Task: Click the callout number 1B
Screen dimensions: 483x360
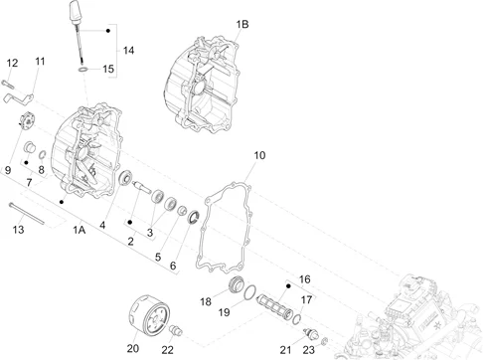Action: [242, 24]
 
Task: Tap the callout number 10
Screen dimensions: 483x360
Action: [259, 155]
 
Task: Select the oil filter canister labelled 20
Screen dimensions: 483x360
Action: [148, 313]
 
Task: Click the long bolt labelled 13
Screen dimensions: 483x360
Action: [27, 214]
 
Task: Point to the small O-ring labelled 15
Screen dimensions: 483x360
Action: [83, 70]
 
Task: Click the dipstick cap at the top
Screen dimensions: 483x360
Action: [76, 11]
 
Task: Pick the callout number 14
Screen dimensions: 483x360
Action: [128, 51]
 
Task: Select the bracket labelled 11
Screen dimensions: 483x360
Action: [19, 98]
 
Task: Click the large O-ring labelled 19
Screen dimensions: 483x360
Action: [250, 292]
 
